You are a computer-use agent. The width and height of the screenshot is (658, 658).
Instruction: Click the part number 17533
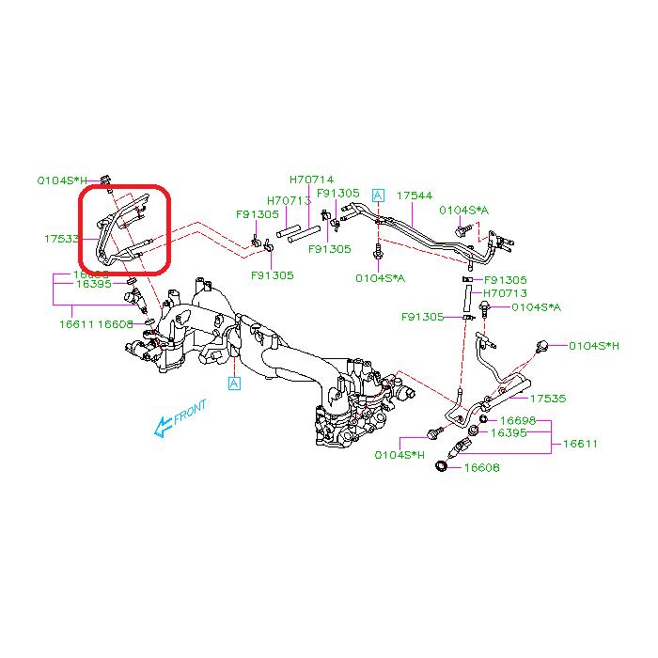point(61,240)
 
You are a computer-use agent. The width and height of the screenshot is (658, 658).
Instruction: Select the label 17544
point(414,196)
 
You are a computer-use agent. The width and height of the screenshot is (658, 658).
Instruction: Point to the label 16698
point(518,420)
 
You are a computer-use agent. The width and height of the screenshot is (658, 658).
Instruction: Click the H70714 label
point(311,180)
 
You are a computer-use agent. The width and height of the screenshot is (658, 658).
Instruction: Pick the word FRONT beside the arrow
point(189,415)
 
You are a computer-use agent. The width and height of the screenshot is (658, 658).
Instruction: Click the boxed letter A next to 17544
point(378,196)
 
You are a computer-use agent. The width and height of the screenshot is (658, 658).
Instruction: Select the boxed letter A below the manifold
point(234,383)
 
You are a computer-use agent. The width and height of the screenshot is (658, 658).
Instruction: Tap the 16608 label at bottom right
point(482,467)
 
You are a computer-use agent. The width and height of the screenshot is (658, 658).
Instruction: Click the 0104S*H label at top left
point(62,179)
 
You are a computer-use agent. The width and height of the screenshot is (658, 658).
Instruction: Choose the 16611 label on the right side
point(580,444)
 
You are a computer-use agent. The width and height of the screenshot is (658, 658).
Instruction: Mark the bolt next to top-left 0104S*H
point(106,179)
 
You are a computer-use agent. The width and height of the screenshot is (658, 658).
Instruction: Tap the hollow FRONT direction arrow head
point(162,428)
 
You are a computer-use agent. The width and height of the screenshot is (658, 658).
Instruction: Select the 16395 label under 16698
point(518,432)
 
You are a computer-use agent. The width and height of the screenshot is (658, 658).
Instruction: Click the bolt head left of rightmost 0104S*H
point(542,346)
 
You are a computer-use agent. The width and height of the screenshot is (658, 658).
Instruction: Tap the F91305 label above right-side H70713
point(504,280)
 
